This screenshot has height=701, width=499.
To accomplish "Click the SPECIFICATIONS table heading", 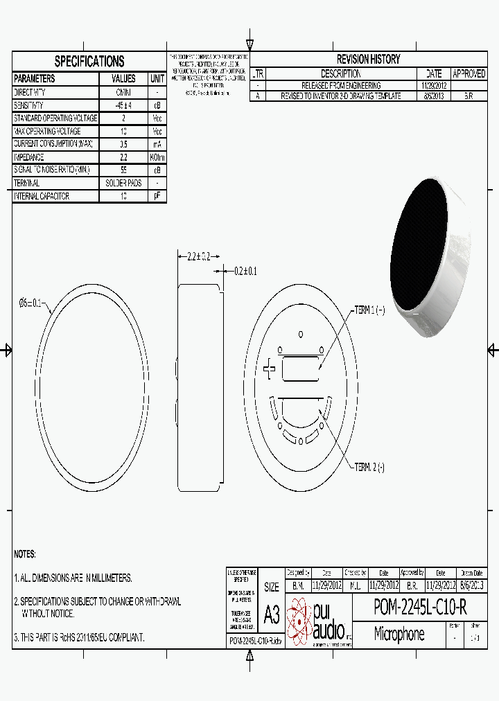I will (x=89, y=62).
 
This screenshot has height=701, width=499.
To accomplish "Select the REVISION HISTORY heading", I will (x=368, y=60).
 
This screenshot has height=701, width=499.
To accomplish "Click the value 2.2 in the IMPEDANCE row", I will (x=123, y=157).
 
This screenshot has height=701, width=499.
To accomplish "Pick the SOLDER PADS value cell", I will (x=123, y=184).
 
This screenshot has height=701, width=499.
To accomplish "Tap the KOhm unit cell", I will (x=157, y=157).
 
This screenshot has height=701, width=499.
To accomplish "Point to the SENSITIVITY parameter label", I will (x=30, y=105).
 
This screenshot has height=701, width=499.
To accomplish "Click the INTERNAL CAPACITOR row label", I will (x=42, y=197).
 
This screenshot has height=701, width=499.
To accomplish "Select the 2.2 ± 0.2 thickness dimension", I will (x=198, y=256).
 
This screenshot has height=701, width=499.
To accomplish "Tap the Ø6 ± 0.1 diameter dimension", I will (x=31, y=303).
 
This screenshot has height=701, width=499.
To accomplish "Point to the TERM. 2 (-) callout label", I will (x=369, y=468).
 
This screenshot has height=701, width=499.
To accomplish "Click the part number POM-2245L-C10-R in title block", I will (x=420, y=607).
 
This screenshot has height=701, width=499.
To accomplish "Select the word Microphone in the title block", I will (x=399, y=634).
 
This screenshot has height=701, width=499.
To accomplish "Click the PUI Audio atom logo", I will (x=301, y=619).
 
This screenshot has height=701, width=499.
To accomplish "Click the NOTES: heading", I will (x=25, y=555).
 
